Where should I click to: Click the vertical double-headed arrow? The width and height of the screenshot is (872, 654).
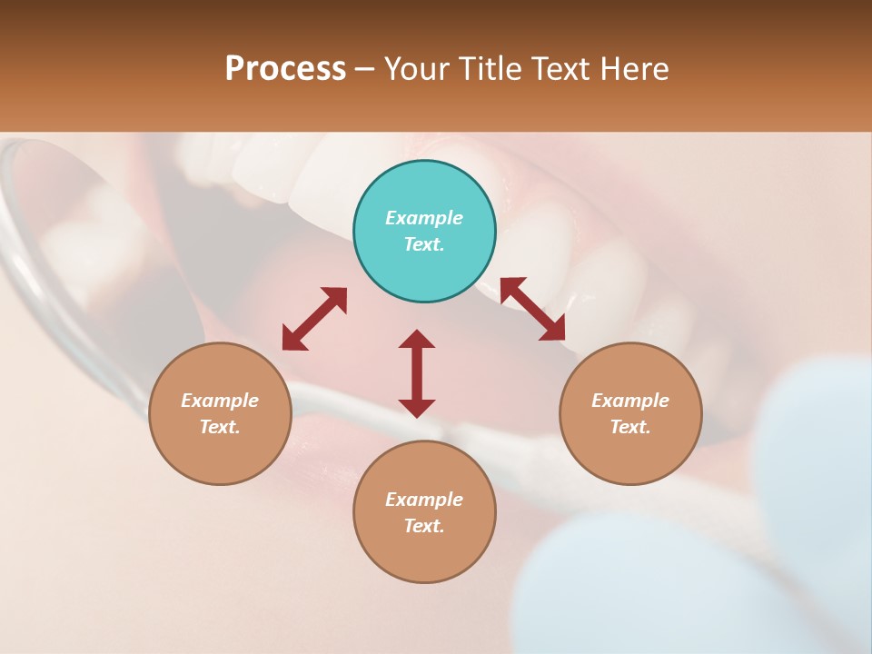click(x=417, y=373)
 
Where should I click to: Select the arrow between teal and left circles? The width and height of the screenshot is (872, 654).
click(x=314, y=319)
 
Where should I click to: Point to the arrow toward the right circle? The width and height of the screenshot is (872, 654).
click(x=532, y=309)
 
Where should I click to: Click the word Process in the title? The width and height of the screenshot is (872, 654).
click(x=285, y=69)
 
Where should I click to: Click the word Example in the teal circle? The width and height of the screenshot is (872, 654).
click(x=424, y=218)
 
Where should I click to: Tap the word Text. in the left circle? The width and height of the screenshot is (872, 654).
click(x=220, y=427)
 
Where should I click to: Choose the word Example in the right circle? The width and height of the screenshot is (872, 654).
click(x=630, y=401)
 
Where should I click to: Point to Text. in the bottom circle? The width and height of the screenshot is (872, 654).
click(x=424, y=526)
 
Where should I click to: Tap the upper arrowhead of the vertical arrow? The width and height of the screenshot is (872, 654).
click(x=417, y=339)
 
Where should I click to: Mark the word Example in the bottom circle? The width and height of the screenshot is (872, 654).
click(x=424, y=500)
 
